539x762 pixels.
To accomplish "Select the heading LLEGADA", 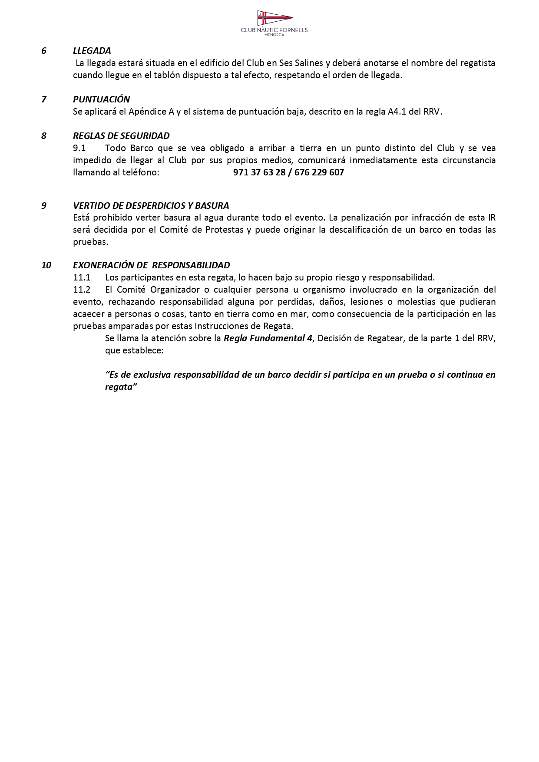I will tap(92, 51).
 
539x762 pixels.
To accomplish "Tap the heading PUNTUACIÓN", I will tap(101, 99).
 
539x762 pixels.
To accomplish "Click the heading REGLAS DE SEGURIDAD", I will tap(121, 136).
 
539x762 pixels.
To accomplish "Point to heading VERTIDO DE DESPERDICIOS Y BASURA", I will tap(151, 205).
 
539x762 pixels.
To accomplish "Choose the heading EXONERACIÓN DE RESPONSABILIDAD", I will tap(151, 265).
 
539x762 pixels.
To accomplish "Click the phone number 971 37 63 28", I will tap(259, 172).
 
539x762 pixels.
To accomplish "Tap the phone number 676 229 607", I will tap(319, 172).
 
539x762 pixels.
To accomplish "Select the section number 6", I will tap(44, 51).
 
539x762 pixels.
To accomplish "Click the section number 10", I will tap(46, 265).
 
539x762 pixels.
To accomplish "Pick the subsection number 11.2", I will tap(82, 290).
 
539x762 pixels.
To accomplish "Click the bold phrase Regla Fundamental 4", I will tap(268, 338).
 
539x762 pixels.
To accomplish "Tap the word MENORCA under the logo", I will tap(274, 35).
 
